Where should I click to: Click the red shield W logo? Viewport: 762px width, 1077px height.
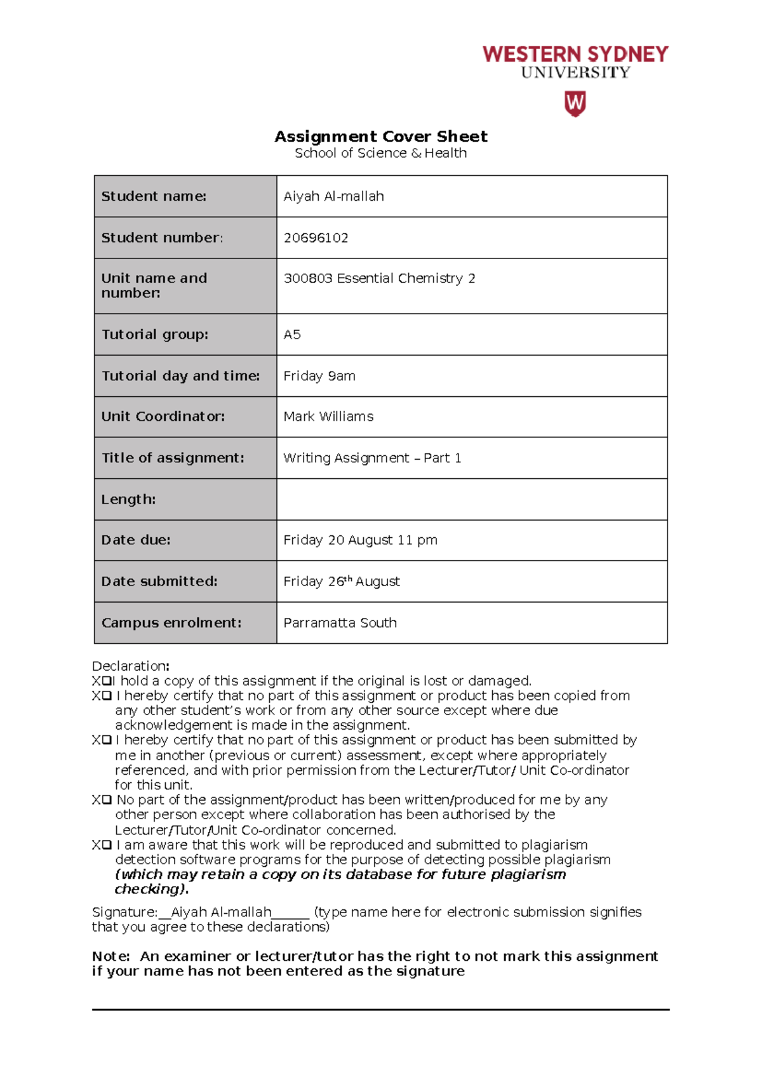575,104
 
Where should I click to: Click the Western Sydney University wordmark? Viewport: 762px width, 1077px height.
575,62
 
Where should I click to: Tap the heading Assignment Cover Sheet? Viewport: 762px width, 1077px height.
380,137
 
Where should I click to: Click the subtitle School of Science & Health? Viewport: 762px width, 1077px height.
380,153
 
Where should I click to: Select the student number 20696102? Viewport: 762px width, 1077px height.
316,238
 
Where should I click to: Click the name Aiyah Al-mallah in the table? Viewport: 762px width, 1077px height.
333,197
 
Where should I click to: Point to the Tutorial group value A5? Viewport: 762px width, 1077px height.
292,335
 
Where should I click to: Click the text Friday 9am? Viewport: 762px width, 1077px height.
319,376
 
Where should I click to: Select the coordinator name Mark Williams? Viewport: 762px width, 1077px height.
328,417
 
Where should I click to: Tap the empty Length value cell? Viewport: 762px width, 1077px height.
471,499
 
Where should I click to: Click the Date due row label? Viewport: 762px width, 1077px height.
136,540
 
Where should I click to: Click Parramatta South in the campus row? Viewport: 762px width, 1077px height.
340,623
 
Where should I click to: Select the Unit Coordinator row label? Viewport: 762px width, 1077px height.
163,417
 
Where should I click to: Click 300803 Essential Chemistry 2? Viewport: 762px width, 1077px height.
379,279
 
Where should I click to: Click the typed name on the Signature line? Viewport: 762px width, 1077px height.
221,913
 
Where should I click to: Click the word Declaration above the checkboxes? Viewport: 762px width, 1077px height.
130,666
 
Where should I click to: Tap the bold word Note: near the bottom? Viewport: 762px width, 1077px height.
111,956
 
